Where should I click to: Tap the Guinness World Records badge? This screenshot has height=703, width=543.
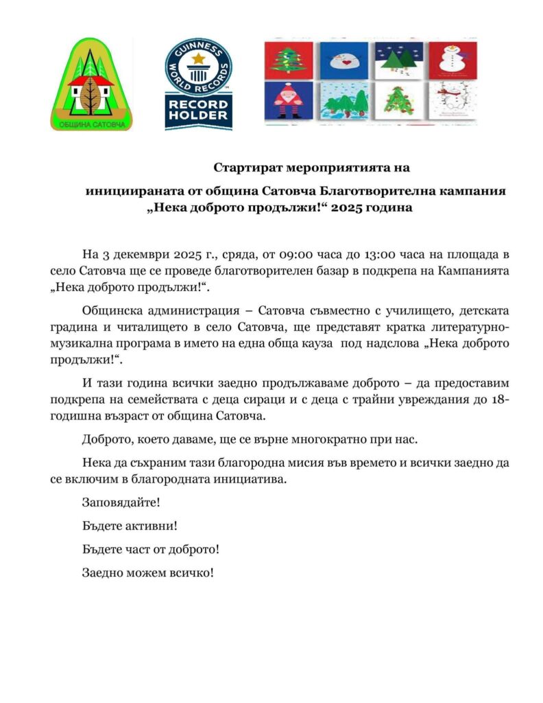[x=198, y=84]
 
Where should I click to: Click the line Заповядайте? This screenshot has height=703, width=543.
[x=120, y=502]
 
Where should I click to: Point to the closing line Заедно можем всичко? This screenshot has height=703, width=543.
[x=147, y=572]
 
